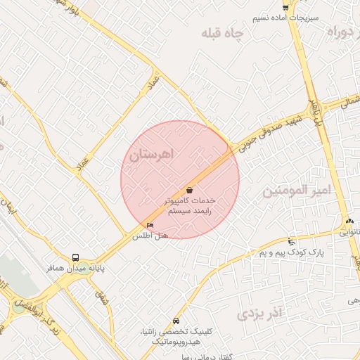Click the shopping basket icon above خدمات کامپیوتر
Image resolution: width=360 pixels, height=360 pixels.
(190, 190)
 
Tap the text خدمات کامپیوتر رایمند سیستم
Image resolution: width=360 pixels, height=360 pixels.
(189, 205)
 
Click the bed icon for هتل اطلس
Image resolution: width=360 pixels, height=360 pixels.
(150, 225)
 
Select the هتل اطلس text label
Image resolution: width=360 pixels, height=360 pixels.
(151, 237)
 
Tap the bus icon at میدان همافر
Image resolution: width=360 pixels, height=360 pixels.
(75, 257)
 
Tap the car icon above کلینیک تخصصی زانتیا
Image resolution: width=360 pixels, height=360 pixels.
(175, 319)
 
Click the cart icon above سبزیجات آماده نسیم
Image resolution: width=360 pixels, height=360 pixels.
(285, 6)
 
